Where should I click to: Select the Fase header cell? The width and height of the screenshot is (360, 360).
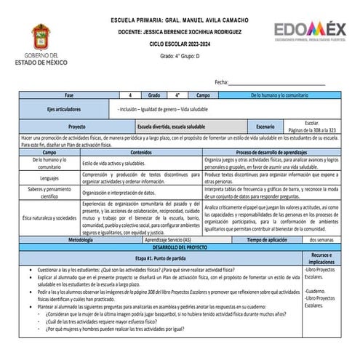tap(68, 95)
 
